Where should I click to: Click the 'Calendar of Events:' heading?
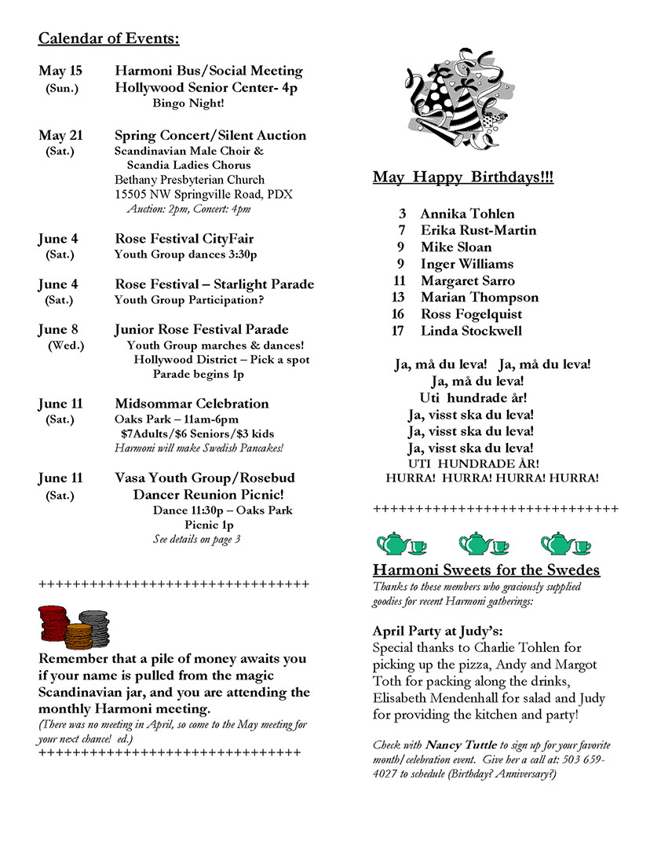[108, 38]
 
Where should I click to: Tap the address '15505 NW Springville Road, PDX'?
[203, 194]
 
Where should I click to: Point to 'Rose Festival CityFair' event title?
[184, 239]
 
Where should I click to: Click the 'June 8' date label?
[59, 329]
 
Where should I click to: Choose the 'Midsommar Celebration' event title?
[192, 404]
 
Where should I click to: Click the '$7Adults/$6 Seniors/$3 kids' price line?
[197, 434]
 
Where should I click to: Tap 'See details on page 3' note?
[196, 539]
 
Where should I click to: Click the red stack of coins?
[53, 624]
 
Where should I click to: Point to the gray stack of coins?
[94, 626]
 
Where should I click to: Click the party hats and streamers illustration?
[451, 92]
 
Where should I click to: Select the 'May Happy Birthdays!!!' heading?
[462, 178]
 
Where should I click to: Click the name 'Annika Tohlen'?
[467, 214]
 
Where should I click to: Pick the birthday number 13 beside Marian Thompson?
[398, 297]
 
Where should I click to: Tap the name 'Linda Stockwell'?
[471, 331]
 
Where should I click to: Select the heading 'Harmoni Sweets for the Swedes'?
[486, 569]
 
